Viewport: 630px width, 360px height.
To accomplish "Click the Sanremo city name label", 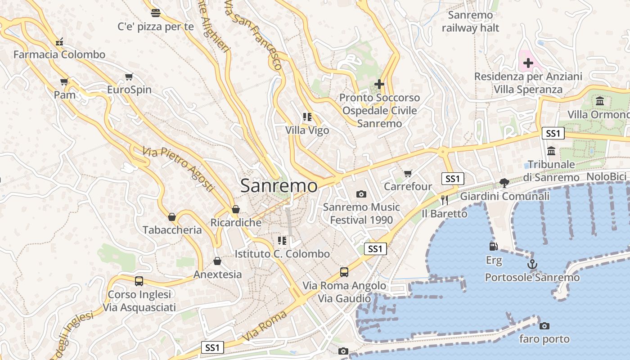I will pyautogui.click(x=279, y=185).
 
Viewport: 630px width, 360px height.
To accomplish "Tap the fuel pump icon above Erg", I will pyautogui.click(x=494, y=246).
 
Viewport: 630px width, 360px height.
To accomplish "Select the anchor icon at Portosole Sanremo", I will pyautogui.click(x=532, y=264).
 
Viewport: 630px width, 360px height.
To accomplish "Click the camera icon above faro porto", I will pyautogui.click(x=544, y=326).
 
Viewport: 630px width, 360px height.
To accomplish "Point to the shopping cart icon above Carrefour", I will pyautogui.click(x=408, y=173).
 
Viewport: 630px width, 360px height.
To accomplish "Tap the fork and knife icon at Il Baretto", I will pyautogui.click(x=445, y=199).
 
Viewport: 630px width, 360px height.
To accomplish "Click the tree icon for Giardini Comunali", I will pyautogui.click(x=504, y=183).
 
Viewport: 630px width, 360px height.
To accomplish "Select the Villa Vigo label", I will pyautogui.click(x=307, y=130).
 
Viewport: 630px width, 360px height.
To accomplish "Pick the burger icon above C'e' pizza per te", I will pyautogui.click(x=156, y=13).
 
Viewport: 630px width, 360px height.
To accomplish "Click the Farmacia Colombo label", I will pyautogui.click(x=59, y=55).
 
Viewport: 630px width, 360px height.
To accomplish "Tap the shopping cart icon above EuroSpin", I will pyautogui.click(x=129, y=76).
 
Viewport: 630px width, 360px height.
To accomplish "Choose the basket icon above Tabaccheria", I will pyautogui.click(x=172, y=217).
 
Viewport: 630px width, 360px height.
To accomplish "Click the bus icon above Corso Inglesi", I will pyautogui.click(x=139, y=281).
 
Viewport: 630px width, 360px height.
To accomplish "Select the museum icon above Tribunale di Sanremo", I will pyautogui.click(x=551, y=151).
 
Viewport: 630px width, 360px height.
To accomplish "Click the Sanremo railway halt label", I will pyautogui.click(x=471, y=22).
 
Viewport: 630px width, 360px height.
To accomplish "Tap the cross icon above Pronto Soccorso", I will pyautogui.click(x=379, y=84).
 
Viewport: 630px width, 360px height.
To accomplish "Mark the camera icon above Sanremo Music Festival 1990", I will pyautogui.click(x=361, y=194).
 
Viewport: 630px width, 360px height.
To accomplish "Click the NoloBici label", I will pyautogui.click(x=607, y=177).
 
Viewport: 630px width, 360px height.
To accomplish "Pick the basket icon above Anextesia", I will pyautogui.click(x=217, y=261).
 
